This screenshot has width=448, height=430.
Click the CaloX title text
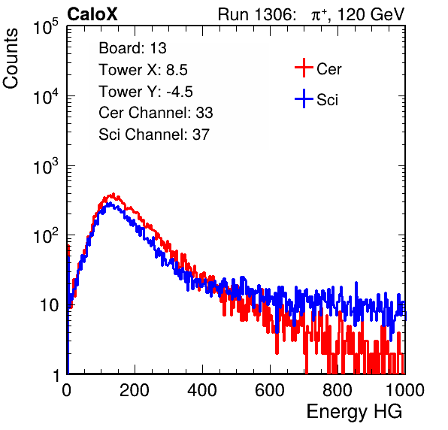[92, 14]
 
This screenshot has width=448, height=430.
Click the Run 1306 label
[256, 14]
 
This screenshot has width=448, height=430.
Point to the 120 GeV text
[371, 14]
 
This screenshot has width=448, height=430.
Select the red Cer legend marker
[304, 68]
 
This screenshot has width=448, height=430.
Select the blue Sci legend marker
[304, 98]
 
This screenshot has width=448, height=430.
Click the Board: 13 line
[132, 48]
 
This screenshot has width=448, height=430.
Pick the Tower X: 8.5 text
[143, 70]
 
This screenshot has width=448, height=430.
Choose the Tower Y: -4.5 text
[146, 92]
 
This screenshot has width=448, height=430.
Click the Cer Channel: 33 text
[156, 113]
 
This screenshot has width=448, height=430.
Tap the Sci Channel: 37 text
[154, 135]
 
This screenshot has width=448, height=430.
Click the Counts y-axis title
[11, 59]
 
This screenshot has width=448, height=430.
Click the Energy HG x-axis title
[355, 412]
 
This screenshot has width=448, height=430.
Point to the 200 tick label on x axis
[135, 390]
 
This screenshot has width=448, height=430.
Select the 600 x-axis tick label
[270, 390]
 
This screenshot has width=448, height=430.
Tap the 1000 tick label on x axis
[405, 390]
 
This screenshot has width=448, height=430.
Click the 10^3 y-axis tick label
[47, 166]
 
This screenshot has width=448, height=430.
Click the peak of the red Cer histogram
[114, 194]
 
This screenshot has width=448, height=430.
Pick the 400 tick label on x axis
[202, 390]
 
